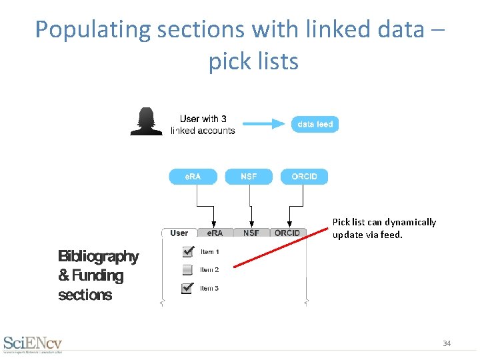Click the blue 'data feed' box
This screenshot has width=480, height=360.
[315, 124]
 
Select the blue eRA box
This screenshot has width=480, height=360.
[193, 177]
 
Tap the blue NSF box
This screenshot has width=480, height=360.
[249, 177]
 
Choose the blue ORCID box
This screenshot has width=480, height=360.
[304, 177]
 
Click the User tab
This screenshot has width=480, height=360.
[179, 233]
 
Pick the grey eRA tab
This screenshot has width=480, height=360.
[215, 233]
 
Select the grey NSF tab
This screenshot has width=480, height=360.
[251, 233]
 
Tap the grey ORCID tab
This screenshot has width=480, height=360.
[287, 233]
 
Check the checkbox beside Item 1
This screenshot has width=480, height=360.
[188, 251]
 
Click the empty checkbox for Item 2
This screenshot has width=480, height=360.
[188, 270]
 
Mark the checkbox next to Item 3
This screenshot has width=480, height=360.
[188, 288]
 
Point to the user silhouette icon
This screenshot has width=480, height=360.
[146, 122]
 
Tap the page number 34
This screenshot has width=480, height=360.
[447, 343]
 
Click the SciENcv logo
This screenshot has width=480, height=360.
[33, 343]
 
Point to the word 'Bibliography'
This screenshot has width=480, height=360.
[98, 257]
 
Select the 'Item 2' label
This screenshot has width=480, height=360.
[209, 270]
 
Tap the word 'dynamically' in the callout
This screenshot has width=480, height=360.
[412, 222]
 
